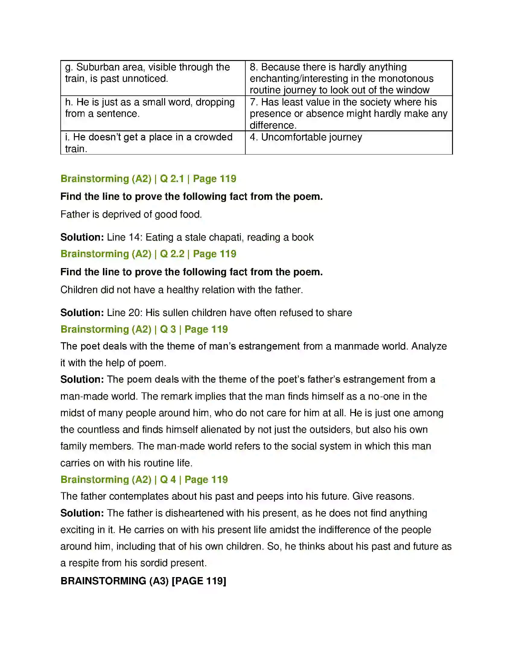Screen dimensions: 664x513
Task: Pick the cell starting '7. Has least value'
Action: [348, 113]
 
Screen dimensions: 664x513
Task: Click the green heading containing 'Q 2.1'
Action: [148, 179]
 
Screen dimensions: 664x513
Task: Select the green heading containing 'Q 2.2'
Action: [148, 254]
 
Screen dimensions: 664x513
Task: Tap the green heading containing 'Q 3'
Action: [144, 329]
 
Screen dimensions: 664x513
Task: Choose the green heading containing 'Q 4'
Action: [144, 480]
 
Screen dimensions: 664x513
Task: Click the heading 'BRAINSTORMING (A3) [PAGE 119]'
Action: [143, 581]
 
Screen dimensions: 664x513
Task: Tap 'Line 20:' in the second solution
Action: [125, 313]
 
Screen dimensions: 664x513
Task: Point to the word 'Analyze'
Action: [429, 346]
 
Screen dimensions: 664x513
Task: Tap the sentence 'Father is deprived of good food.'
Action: [131, 215]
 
